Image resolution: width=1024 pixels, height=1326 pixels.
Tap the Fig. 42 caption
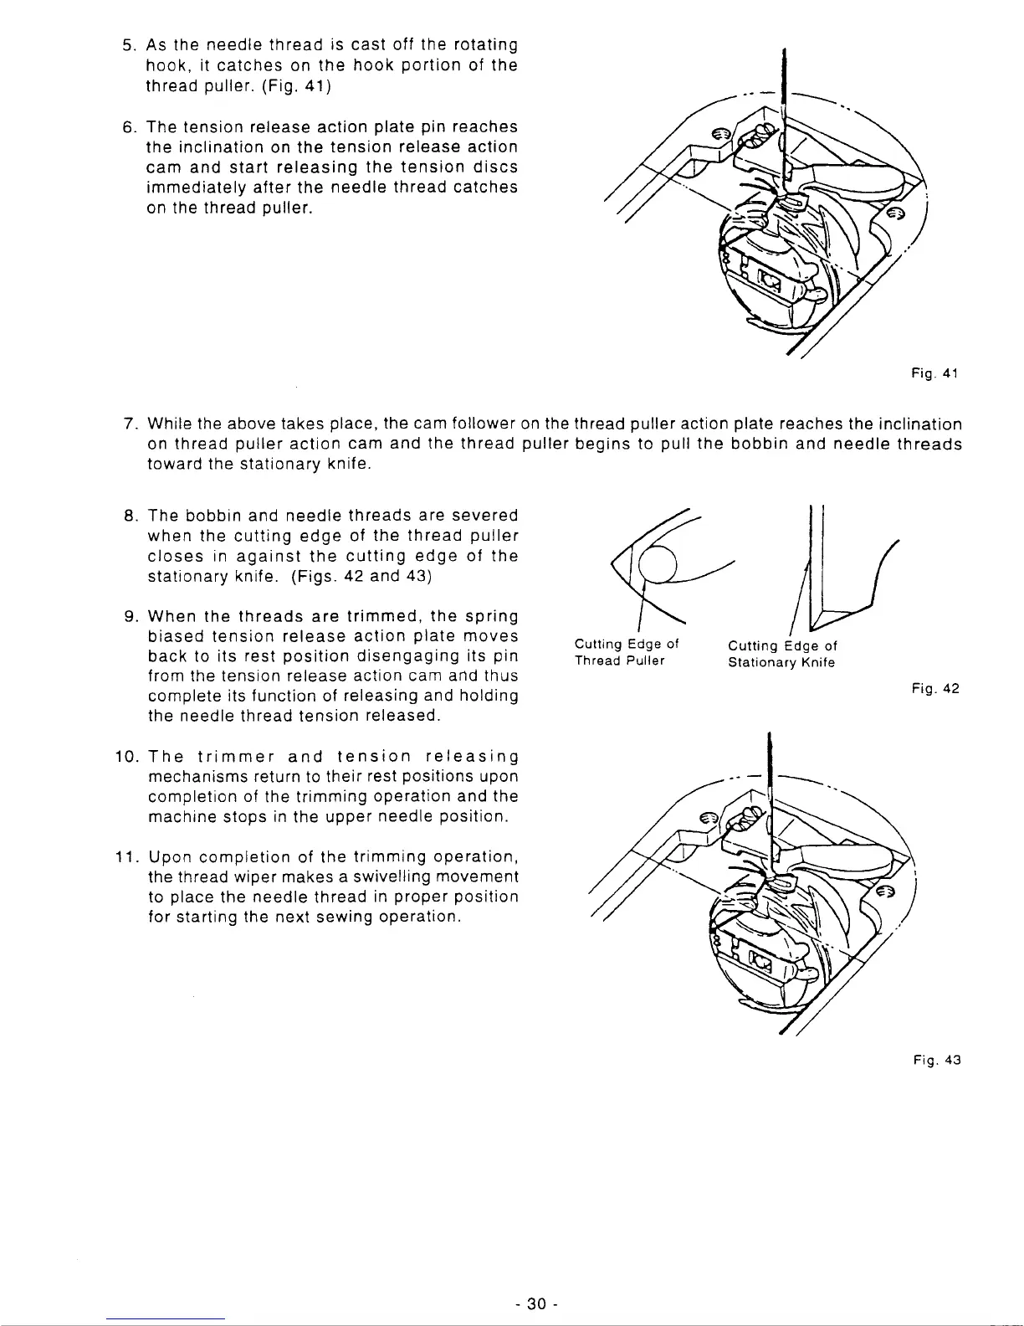point(935,689)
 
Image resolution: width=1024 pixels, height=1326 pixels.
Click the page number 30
point(536,1303)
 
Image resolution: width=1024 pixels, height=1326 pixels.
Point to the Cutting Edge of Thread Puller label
point(626,652)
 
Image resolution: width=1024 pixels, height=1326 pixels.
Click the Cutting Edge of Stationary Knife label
point(781,654)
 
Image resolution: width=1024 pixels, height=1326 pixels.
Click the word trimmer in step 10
point(224,757)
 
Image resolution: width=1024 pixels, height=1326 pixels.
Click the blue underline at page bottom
point(166,1318)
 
